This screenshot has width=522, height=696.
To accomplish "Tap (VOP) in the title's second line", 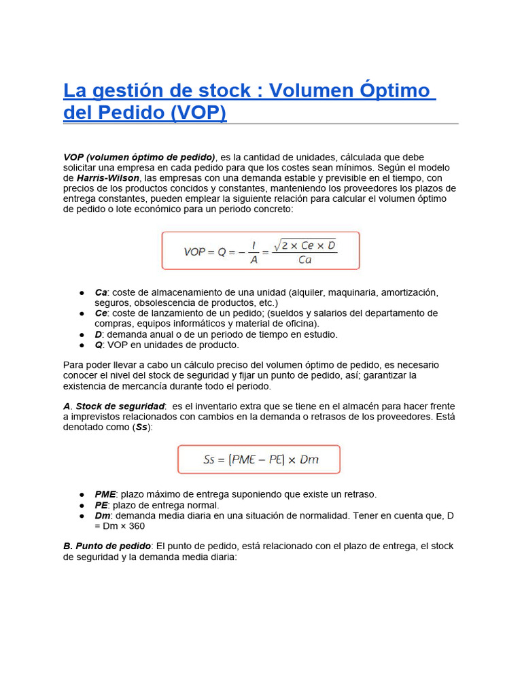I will tap(198, 112).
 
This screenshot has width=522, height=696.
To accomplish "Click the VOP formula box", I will tap(260, 250).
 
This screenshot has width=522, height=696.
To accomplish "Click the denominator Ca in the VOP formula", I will tap(304, 260).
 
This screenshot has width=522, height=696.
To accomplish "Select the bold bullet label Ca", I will tap(101, 292).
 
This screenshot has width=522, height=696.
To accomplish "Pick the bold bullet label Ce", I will tap(101, 313).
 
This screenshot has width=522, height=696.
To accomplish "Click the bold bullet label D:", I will tap(99, 334).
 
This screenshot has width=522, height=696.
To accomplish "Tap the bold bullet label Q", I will tap(99, 345).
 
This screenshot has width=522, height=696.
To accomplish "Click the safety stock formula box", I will tap(259, 459).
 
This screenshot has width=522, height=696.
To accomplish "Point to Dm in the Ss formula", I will tap(309, 459).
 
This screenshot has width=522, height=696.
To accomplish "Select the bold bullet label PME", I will tap(105, 494).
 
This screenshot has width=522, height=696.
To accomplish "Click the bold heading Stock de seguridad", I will tap(120, 406).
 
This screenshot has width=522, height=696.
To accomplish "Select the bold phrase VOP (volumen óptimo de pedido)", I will tap(139, 157).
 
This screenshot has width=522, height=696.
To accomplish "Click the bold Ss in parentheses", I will tap(141, 428).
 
